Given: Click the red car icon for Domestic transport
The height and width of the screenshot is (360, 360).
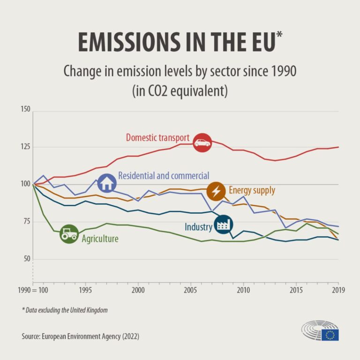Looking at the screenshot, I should pyautogui.click(x=202, y=142).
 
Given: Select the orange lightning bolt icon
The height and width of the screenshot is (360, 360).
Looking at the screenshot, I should pyautogui.click(x=216, y=191).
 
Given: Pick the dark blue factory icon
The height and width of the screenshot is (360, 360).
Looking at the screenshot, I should pyautogui.click(x=223, y=225).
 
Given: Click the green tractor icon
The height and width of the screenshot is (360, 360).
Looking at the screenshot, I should pyautogui.click(x=69, y=234).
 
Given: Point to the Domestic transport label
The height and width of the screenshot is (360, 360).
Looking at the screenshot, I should pyautogui.click(x=157, y=138).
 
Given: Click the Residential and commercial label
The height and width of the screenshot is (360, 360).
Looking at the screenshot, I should pyautogui.click(x=164, y=176).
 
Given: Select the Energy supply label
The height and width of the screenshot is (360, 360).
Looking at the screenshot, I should pyautogui.click(x=252, y=190).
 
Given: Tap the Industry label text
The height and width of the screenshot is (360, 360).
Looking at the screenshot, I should pyautogui.click(x=198, y=227).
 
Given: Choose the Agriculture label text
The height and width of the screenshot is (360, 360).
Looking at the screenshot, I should pyautogui.click(x=100, y=239).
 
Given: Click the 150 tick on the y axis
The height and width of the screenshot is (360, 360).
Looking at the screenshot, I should pyautogui.click(x=25, y=109).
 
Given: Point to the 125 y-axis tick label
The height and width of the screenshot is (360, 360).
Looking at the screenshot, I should pyautogui.click(x=25, y=147).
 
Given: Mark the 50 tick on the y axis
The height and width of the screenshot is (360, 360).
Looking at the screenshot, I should pyautogui.click(x=26, y=259).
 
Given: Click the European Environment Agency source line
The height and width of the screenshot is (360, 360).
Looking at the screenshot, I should pyautogui.click(x=80, y=337).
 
